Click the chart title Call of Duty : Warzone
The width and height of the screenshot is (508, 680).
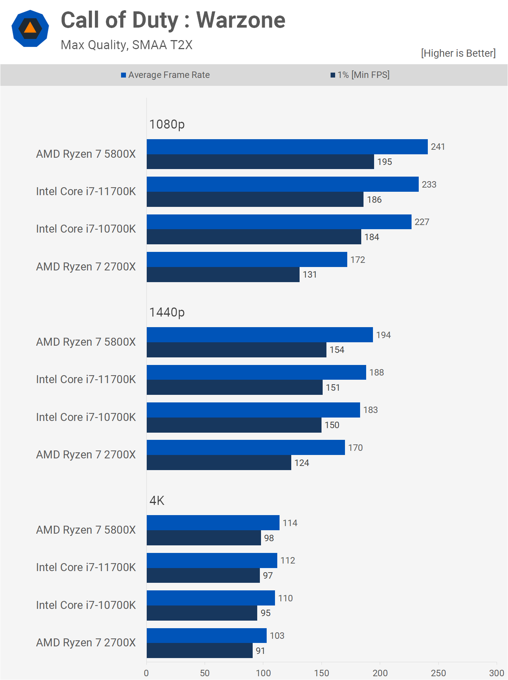[x=173, y=20]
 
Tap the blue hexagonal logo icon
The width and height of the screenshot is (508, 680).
[x=30, y=29]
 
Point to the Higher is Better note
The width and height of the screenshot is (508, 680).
[x=458, y=53]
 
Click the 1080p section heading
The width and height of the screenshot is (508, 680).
[x=167, y=124]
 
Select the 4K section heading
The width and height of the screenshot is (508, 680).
[x=157, y=501]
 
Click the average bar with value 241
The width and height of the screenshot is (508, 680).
[x=287, y=147]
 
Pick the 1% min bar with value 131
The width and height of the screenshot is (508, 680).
[x=223, y=275]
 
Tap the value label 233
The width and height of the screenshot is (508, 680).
[x=429, y=185]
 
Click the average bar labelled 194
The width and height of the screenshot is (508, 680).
[x=259, y=335]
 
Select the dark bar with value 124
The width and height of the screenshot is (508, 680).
[x=219, y=463]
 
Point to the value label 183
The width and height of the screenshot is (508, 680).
[x=370, y=410]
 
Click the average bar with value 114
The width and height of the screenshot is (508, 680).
[x=213, y=523]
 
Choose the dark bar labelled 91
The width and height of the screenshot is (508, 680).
[x=199, y=651]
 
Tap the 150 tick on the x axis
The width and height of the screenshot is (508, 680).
[x=322, y=673]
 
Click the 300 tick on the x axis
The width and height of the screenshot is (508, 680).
[x=496, y=673]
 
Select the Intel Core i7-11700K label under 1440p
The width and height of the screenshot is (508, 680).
[x=86, y=379]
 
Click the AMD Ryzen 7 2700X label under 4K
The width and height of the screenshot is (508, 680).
[x=86, y=643]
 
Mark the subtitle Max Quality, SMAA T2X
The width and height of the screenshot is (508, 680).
[x=126, y=45]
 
